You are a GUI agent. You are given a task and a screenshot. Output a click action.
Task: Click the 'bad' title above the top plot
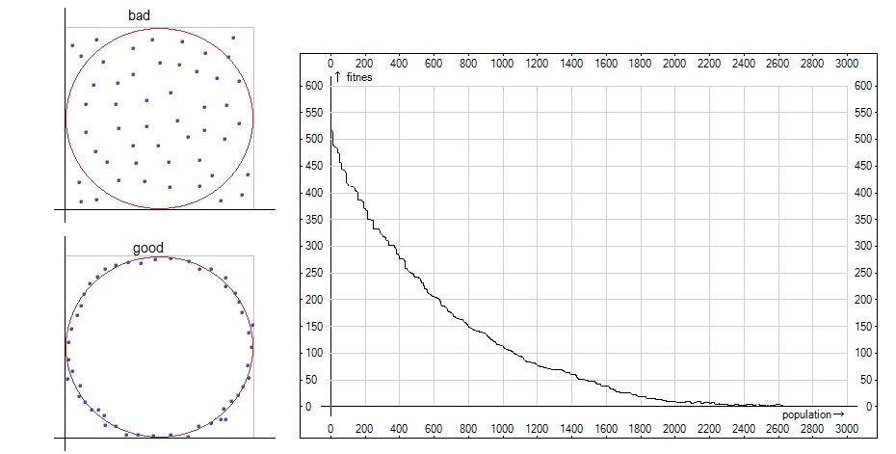139,16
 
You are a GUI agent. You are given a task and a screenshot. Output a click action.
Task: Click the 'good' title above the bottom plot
147,249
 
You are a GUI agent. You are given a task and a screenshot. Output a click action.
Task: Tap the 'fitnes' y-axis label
358,77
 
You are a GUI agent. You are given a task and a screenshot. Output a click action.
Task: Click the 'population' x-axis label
805,414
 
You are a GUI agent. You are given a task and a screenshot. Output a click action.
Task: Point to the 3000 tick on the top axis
846,64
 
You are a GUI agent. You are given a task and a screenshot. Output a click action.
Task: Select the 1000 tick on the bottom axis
502,429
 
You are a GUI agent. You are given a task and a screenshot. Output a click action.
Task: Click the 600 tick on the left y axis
312,86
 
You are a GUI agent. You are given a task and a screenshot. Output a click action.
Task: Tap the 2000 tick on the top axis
674,64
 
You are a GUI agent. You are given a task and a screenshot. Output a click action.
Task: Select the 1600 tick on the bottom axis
605,429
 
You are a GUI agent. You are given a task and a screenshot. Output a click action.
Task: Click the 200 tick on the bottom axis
365,429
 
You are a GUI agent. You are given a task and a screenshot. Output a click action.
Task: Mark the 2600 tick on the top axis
777,64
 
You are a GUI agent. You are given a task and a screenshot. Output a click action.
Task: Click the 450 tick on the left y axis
312,166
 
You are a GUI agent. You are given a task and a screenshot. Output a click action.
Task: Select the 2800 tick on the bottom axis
811,429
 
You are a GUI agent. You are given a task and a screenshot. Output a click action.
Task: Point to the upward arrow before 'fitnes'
338,76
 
